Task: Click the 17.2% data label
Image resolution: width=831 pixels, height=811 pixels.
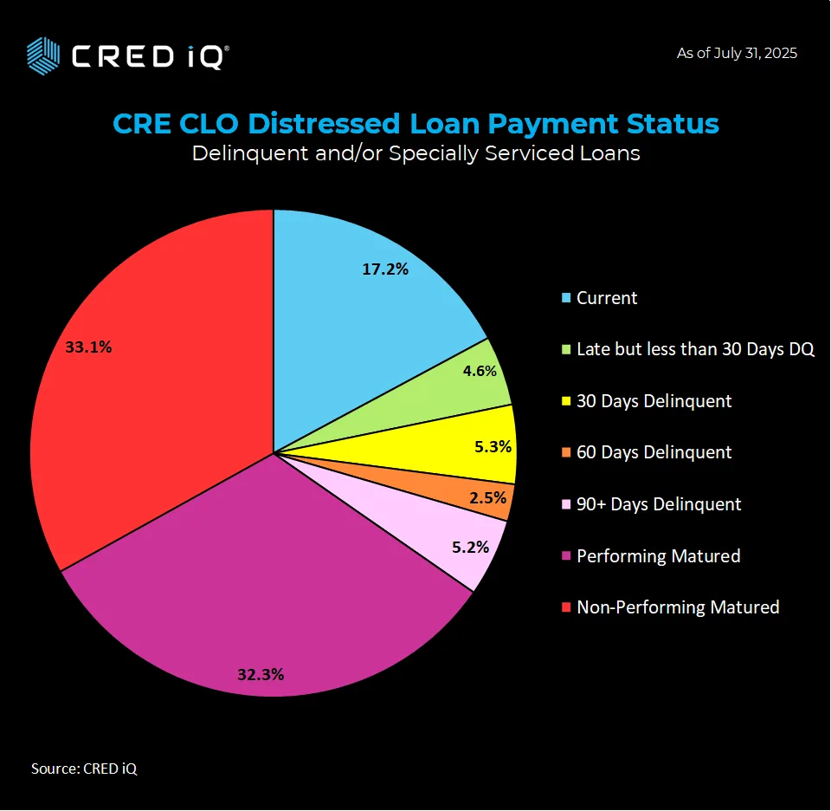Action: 385,269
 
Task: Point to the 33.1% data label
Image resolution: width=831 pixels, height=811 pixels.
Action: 88,347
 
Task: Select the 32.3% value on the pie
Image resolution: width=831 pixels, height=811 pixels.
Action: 261,674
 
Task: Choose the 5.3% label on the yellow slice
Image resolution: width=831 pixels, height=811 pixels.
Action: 493,448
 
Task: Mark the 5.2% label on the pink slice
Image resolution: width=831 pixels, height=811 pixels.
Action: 471,547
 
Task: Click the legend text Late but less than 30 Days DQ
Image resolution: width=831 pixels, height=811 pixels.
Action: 695,350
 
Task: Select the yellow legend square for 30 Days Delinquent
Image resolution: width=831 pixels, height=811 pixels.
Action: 566,402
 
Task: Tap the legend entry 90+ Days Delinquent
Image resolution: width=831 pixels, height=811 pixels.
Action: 658,504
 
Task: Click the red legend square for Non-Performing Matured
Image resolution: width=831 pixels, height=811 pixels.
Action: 566,607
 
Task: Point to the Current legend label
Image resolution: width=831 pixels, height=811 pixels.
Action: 606,298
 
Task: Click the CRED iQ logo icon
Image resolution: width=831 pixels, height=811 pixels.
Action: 43,56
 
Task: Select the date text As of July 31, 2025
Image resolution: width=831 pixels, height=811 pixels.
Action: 737,53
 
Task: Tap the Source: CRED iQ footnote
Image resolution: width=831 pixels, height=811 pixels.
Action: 84,768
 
